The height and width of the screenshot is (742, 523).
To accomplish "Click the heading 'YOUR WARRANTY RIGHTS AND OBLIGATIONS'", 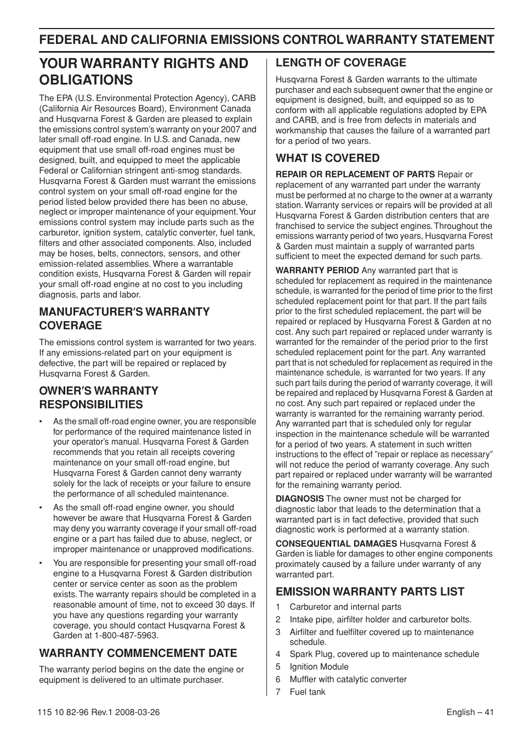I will point(143,71).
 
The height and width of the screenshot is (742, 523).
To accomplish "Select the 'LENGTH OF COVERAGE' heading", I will point(340,63).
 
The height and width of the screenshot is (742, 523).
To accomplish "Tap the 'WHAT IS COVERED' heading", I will point(327,158).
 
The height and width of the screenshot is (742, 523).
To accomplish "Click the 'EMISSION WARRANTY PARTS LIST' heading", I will point(369,591).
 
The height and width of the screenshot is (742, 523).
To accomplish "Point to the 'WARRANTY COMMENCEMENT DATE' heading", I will point(138,653).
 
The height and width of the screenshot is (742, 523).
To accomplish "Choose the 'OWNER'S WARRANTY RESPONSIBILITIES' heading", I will point(99,397).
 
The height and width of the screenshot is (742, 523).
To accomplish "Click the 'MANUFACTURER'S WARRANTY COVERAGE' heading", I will point(124,318).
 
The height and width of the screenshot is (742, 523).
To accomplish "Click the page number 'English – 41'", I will point(470,712).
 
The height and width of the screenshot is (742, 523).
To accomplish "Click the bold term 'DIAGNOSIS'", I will point(299,499).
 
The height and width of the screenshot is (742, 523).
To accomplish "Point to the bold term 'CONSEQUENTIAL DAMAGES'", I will point(336,543).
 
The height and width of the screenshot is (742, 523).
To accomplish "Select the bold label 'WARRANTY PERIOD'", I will point(317,271).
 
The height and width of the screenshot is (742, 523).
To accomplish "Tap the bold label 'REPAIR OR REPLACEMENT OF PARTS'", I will point(355,175).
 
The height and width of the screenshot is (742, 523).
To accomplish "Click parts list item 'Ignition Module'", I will point(319,667).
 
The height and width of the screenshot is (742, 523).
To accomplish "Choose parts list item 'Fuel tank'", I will point(307,692).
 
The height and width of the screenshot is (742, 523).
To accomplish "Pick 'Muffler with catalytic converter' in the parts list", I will point(348,679).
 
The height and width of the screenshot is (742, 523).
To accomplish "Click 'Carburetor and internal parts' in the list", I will point(345,607).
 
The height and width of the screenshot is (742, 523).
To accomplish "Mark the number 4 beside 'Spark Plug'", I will point(278,654).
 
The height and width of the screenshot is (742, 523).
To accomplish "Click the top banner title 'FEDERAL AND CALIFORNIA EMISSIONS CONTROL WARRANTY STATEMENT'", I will point(266,40).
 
